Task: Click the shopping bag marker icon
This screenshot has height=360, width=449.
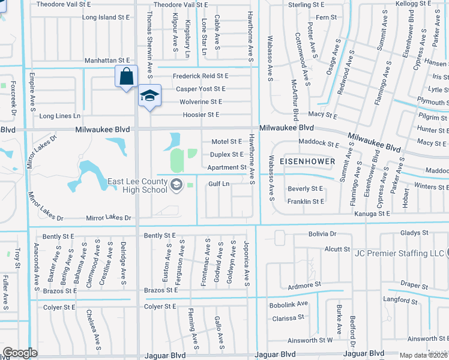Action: point(126,77)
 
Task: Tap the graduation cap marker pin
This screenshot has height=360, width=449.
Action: point(150,95)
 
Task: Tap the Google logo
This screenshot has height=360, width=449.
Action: point(20,353)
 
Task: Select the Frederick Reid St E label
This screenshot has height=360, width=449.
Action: point(200,76)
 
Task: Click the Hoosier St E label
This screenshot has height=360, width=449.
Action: point(200,114)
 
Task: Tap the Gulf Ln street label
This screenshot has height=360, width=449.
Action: point(219,184)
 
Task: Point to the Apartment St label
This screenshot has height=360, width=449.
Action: point(227,167)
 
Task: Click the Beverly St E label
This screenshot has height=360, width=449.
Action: point(306,189)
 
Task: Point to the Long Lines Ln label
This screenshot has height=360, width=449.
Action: point(60,116)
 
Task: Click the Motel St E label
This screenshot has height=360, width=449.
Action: point(226,142)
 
